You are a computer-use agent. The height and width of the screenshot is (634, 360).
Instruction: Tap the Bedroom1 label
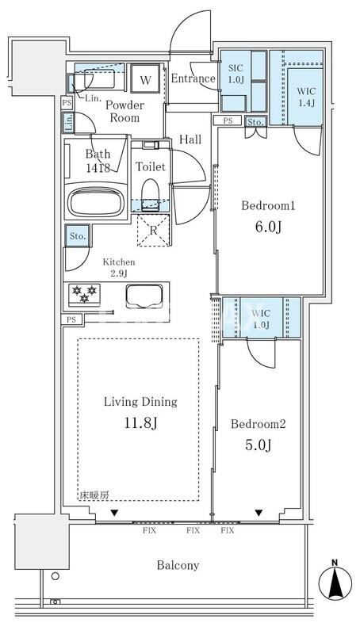(268, 206)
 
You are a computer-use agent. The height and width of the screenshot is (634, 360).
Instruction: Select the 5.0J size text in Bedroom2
(258, 445)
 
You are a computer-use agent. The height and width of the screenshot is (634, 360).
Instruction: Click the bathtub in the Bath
(95, 202)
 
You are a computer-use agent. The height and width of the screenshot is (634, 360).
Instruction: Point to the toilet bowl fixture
(151, 194)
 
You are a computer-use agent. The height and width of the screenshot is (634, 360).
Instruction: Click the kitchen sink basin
(144, 296)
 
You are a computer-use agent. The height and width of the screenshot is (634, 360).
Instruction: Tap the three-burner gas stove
(85, 294)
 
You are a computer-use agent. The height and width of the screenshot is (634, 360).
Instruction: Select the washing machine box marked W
(145, 78)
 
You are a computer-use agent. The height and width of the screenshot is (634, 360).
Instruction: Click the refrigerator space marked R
(153, 231)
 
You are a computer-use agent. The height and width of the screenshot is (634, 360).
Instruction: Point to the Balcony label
(178, 565)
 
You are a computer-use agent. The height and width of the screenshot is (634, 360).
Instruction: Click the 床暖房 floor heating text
(94, 495)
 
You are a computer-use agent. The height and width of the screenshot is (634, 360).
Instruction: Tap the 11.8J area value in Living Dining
(141, 423)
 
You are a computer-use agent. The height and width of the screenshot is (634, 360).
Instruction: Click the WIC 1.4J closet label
(307, 97)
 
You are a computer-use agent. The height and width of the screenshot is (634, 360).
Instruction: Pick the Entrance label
(193, 78)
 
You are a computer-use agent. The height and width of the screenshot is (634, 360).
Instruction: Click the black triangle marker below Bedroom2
(259, 513)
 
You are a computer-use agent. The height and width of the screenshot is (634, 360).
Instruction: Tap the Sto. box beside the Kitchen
(77, 235)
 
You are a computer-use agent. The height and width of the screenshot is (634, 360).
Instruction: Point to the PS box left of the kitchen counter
(71, 319)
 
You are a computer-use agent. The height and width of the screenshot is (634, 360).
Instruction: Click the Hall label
(190, 140)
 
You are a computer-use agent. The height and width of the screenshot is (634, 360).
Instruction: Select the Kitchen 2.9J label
(118, 268)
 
